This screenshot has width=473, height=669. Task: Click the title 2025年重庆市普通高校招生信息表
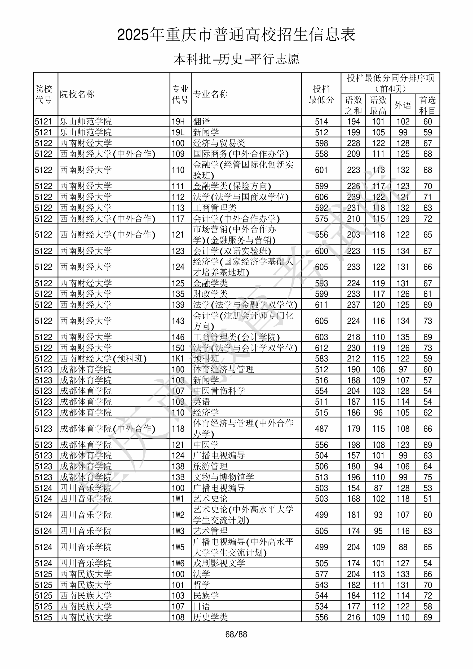[236, 35]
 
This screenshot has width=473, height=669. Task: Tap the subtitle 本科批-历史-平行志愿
[236, 59]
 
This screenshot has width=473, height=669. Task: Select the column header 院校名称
[77, 94]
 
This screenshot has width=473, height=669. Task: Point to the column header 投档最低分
[321, 94]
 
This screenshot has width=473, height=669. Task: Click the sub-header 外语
[403, 105]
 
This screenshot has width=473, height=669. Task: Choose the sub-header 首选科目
[427, 105]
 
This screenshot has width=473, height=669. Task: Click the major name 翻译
[201, 122]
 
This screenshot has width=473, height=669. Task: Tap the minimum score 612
[321, 348]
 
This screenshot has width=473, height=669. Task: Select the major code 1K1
[178, 359]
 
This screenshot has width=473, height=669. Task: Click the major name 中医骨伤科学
[219, 391]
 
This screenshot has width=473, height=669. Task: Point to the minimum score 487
[321, 429]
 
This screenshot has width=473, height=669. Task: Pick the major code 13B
[178, 477]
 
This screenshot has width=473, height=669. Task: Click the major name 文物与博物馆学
[223, 477]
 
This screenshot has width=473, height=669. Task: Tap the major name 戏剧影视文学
[219, 563]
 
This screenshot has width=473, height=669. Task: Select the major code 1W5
[178, 547]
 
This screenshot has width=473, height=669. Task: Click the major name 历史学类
[210, 617]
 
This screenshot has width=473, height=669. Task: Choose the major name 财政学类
[210, 294]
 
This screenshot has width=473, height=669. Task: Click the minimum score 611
[321, 305]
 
